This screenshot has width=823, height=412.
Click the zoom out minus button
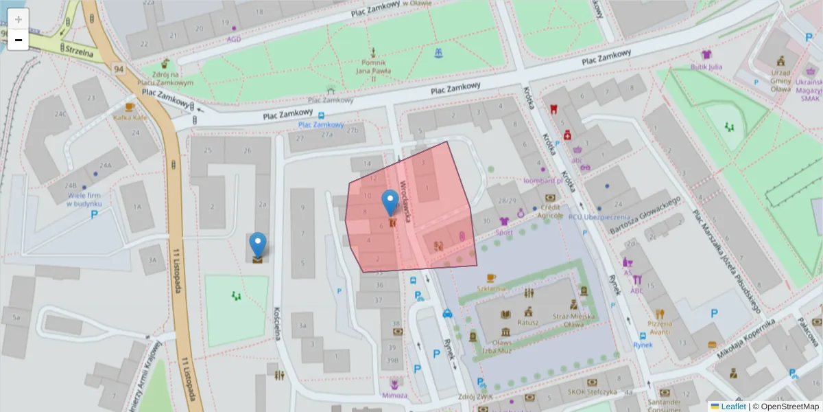19,41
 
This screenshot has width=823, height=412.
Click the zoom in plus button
19,19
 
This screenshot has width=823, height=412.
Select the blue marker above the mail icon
258,244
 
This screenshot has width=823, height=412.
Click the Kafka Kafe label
130,117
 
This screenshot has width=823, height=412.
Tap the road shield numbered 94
119,69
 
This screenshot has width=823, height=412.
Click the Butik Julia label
706,67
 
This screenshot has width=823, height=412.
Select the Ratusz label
528,322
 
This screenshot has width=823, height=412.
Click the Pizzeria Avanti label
659,327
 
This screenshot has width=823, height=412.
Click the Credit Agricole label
551,211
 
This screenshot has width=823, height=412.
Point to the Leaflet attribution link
733,407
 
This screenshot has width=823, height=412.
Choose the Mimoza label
394,396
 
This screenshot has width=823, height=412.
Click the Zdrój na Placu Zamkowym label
165,78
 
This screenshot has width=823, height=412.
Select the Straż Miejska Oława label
573,320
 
